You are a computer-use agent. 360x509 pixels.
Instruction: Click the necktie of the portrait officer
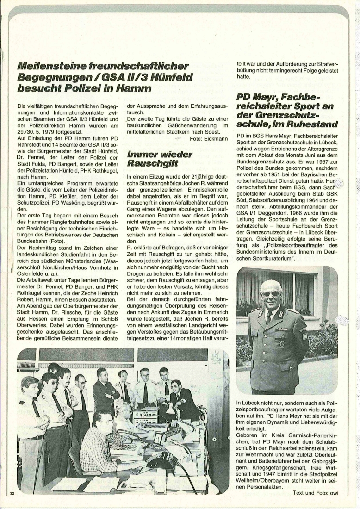pyautogui.click(x=269, y=317)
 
